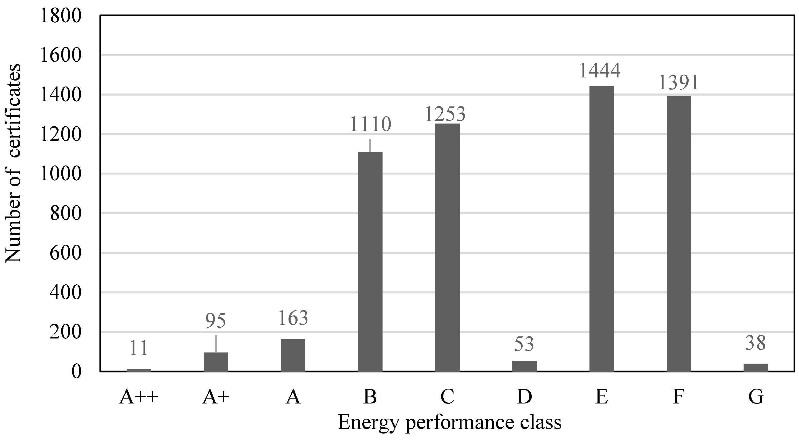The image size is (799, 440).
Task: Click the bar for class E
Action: point(601,228)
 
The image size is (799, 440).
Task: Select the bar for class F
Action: point(679,234)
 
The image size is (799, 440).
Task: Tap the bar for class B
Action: point(370,261)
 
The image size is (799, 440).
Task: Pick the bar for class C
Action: point(447,247)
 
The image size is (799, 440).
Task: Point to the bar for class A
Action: point(293,355)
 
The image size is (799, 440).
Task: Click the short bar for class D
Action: point(524,366)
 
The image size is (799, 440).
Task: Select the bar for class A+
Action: point(216,362)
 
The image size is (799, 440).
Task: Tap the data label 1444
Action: point(600,71)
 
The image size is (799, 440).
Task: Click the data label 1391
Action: point(678,82)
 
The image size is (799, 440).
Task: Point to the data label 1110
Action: point(370,124)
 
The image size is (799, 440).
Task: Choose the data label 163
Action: point(293,318)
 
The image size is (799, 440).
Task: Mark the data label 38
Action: point(755,343)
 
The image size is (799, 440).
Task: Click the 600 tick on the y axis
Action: point(65,253)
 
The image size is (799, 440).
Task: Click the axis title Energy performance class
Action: point(449,422)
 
